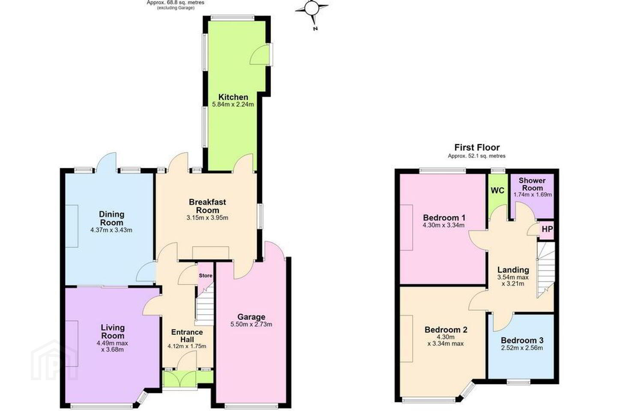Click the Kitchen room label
pyautogui.click(x=233, y=97)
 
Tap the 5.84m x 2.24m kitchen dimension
pyautogui.click(x=233, y=104)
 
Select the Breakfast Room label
pyautogui.click(x=207, y=206)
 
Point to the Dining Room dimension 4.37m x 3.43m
pyautogui.click(x=111, y=230)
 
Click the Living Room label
pyautogui.click(x=113, y=331)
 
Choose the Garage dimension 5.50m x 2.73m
pyautogui.click(x=251, y=324)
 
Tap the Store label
pyautogui.click(x=206, y=276)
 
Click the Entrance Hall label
pyautogui.click(x=187, y=336)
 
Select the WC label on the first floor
pyautogui.click(x=497, y=191)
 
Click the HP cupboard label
pyautogui.click(x=547, y=229)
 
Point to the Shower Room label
pyautogui.click(x=532, y=184)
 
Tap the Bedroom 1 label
pyautogui.click(x=444, y=218)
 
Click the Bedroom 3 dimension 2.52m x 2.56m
pyautogui.click(x=522, y=348)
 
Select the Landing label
pyautogui.click(x=513, y=270)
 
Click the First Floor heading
pyautogui.click(x=477, y=148)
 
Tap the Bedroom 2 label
pyautogui.click(x=446, y=330)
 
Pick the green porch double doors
pyautogui.click(x=179, y=379)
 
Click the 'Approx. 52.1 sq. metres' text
pyautogui.click(x=476, y=156)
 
